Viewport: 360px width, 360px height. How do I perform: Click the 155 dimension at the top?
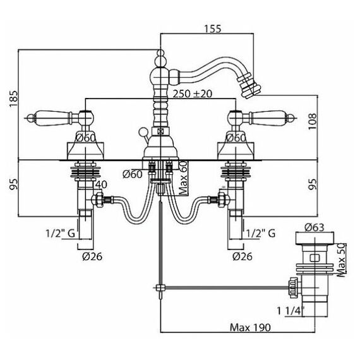click(x=212, y=28)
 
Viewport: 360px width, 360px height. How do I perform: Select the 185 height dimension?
click(x=13, y=99)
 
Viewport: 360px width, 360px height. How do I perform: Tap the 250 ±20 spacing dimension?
click(x=193, y=93)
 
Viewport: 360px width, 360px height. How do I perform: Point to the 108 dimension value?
click(x=312, y=121)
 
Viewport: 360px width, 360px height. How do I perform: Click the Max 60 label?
click(x=183, y=178)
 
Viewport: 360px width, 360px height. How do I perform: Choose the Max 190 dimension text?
click(x=250, y=327)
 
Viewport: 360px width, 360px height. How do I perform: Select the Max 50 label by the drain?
click(x=341, y=260)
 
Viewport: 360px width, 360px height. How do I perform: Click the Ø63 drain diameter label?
click(x=315, y=227)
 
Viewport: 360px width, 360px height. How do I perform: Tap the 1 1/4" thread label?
click(x=291, y=311)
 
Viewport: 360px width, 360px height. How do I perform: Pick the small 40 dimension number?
click(x=101, y=184)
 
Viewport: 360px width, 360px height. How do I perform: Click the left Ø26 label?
click(x=92, y=256)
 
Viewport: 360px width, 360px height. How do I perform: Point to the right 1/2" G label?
click(x=261, y=234)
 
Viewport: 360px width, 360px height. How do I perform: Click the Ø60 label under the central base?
click(x=133, y=174)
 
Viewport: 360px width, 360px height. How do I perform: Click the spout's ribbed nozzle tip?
click(x=249, y=87)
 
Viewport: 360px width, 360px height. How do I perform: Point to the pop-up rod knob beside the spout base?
click(x=142, y=131)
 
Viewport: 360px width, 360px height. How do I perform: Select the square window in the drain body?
click(x=314, y=258)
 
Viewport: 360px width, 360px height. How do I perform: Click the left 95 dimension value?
click(x=13, y=184)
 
